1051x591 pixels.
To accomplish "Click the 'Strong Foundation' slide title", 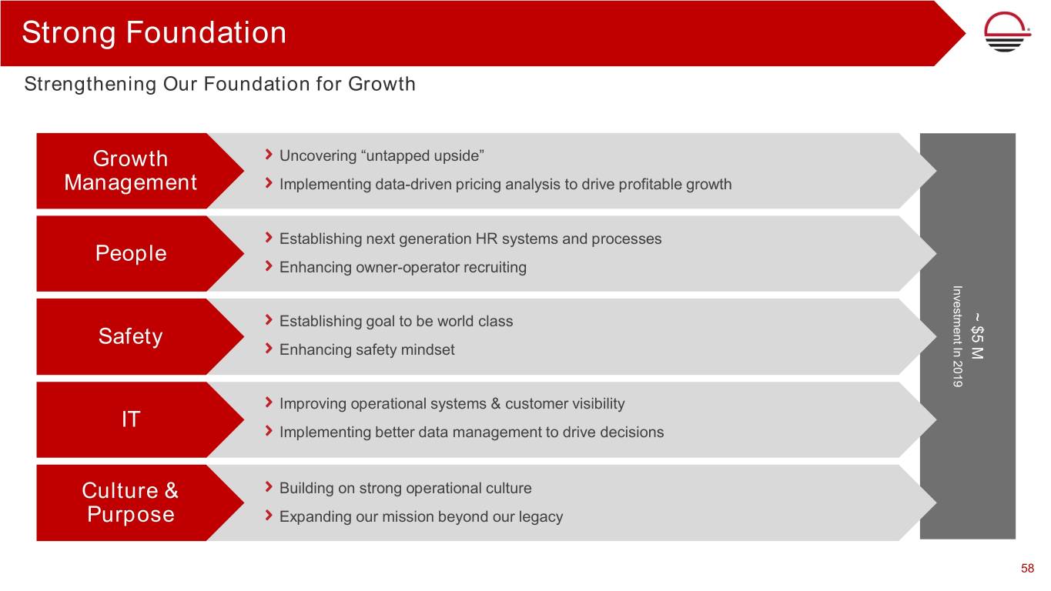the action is point(154,33).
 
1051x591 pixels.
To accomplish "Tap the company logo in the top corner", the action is point(1007,32).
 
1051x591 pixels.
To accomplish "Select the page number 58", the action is point(1028,569).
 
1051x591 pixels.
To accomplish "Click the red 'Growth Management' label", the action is point(130,170).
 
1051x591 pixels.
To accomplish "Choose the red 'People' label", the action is point(131,253).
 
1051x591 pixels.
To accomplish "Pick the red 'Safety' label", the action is point(130,336).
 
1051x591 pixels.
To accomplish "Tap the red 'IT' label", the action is point(131,419).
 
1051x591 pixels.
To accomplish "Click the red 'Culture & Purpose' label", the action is point(130,503).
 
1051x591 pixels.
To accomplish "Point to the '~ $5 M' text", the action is point(977,336).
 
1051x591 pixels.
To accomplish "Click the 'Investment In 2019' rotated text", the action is point(958,336).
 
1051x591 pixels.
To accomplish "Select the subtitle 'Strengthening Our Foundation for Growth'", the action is point(219,85).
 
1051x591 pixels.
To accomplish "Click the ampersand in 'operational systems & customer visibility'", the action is point(496,404).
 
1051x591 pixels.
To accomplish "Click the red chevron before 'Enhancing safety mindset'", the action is point(269,349).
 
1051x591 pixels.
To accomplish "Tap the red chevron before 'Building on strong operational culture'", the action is point(269,487).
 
